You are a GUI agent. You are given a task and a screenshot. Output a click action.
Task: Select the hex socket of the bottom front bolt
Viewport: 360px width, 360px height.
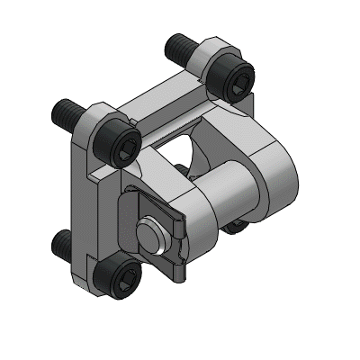(125, 274)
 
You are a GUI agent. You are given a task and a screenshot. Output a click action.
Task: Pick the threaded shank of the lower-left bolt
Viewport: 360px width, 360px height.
(61, 240)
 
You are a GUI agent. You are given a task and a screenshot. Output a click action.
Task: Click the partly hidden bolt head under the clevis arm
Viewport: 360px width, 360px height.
(236, 224)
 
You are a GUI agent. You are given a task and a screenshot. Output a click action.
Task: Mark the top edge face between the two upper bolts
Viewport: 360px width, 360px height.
(162, 92)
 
